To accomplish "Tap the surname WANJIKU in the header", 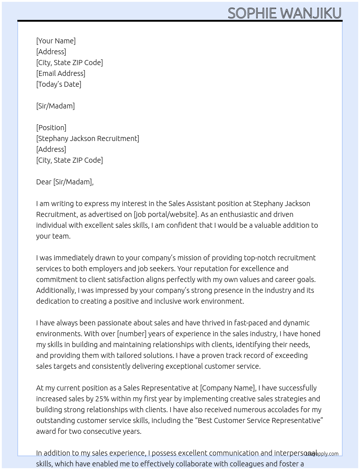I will coord(311,13).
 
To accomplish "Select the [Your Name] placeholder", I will coord(56,41).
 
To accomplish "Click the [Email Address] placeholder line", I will coord(61,73).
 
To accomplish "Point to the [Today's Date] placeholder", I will coord(59,84).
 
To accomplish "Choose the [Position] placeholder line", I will coord(51,128).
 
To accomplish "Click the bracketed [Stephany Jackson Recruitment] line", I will coord(87,138).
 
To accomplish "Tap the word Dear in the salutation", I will coord(44,182).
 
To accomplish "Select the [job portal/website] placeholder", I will coord(166,214).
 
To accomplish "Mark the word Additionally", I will coord(56,290).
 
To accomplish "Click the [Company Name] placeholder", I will coord(228,388).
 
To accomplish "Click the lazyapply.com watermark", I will coord(322,454).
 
